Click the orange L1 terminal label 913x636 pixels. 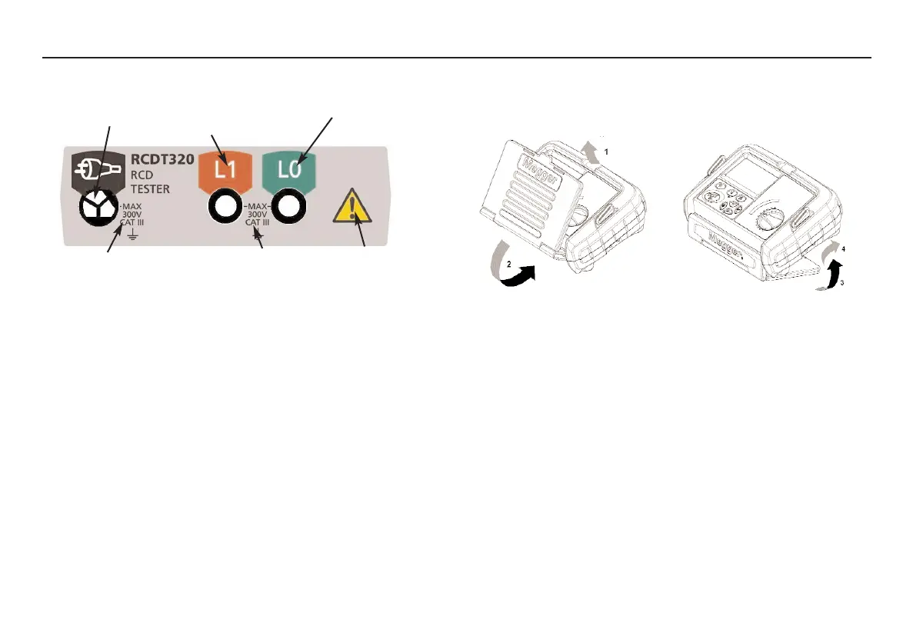coord(225,169)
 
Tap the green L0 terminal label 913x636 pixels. coord(289,169)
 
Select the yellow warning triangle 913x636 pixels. coord(351,209)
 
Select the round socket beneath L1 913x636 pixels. coord(225,207)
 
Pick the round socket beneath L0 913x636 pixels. coord(289,207)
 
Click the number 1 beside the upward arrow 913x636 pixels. coord(606,152)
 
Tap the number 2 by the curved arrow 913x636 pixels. coord(488,264)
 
